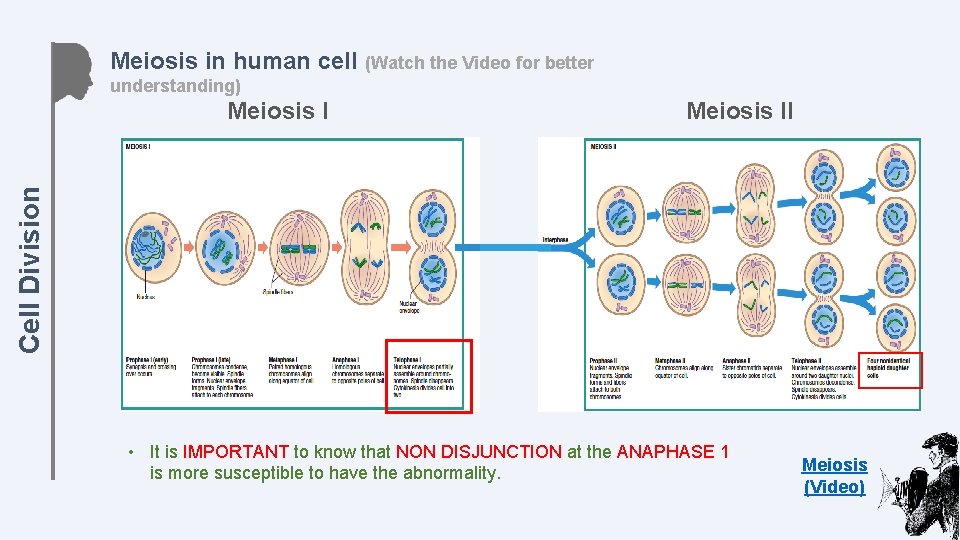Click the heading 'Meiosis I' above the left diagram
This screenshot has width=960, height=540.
278,111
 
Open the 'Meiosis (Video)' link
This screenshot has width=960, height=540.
834,476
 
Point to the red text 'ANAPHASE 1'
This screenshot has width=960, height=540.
672,452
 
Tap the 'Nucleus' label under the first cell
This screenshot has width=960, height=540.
143,296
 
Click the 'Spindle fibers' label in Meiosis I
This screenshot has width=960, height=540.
278,292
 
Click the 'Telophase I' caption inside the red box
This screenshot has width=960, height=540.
408,359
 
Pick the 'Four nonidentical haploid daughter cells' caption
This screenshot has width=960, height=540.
889,367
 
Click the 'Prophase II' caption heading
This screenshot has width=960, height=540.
606,359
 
